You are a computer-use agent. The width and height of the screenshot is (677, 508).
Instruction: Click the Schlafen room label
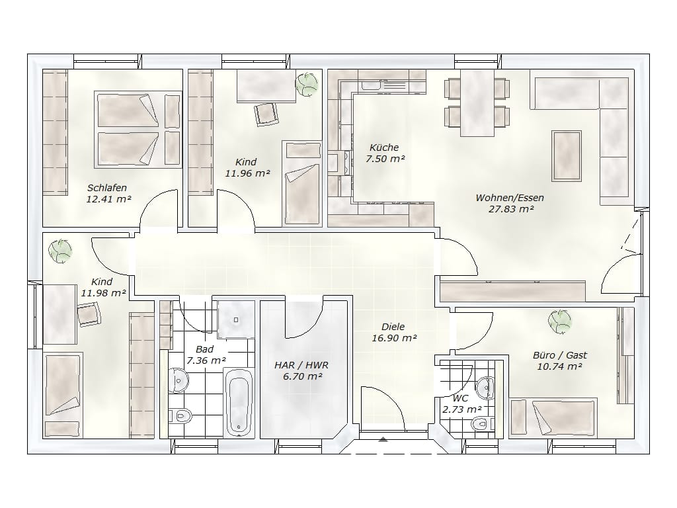coord(107,188)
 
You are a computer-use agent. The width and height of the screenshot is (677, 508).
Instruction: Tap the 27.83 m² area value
coord(511,209)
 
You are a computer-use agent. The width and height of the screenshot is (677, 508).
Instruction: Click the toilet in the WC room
coord(483,424)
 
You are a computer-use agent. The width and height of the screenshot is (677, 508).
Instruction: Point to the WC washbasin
coord(486,387)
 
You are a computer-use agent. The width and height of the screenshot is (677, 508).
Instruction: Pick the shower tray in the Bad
coord(236,320)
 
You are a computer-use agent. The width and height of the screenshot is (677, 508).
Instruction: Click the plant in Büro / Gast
coord(560,321)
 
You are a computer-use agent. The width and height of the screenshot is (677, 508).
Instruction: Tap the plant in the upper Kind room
coord(307,84)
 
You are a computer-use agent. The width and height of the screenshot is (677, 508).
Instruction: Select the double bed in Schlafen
coord(138,129)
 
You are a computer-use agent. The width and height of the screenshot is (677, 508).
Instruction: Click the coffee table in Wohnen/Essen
coord(567,155)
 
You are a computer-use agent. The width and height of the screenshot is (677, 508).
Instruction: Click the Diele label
coord(393,327)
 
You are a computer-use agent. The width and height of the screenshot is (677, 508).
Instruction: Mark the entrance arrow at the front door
coord(383,440)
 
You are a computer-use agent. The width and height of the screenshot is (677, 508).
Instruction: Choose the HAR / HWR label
coord(301,365)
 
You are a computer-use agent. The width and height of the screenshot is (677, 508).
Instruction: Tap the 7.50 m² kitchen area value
coord(385,159)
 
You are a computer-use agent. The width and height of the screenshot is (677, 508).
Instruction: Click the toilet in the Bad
coord(182,416)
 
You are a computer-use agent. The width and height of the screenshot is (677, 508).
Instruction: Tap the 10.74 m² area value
coord(559,366)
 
